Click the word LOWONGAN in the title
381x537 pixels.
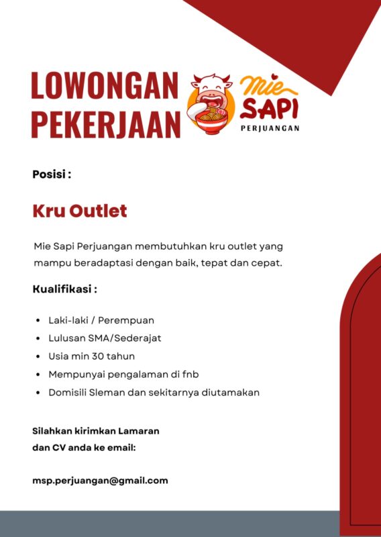(105, 87)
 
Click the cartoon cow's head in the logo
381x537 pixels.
(211, 91)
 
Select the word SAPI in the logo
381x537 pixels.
(270, 108)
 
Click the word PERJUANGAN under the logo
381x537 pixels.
(270, 128)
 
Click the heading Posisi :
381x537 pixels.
(52, 175)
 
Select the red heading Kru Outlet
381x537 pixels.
(80, 211)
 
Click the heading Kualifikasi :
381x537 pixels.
(65, 289)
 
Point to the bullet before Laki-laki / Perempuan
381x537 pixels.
(38, 320)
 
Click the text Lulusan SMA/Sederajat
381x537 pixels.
(105, 338)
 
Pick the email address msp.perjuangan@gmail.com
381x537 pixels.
(100, 481)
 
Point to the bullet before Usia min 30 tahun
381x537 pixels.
(38, 356)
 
